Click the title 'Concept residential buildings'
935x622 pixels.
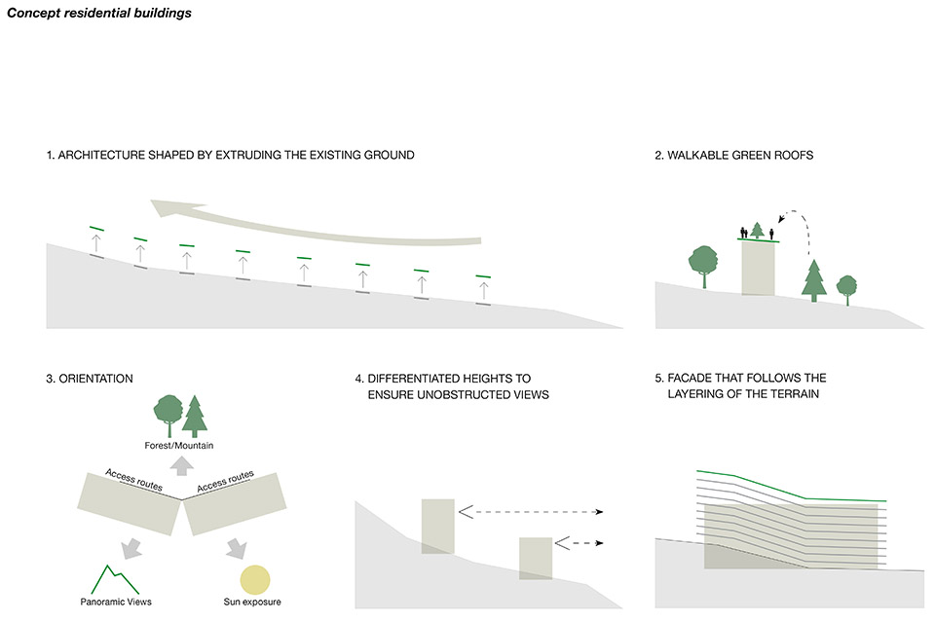point(98,15)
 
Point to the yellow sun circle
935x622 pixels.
point(256,580)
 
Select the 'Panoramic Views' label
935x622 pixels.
point(116,603)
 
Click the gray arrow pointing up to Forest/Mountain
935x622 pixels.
point(181,466)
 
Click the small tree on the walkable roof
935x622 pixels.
point(758,230)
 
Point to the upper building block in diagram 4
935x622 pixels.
point(437,526)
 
